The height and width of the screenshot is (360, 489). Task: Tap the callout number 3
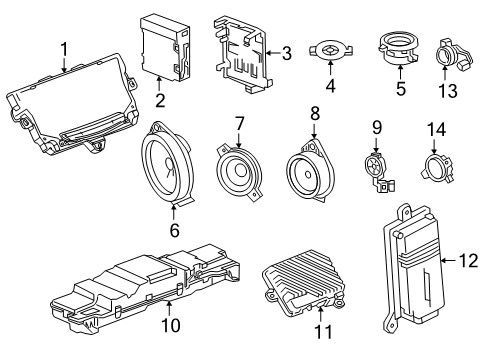(285, 53)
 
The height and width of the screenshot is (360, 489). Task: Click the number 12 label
(466, 262)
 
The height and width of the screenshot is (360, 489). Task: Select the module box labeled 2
(161, 47)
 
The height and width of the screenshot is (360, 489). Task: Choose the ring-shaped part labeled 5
(398, 48)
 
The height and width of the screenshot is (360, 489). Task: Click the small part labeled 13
(446, 51)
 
